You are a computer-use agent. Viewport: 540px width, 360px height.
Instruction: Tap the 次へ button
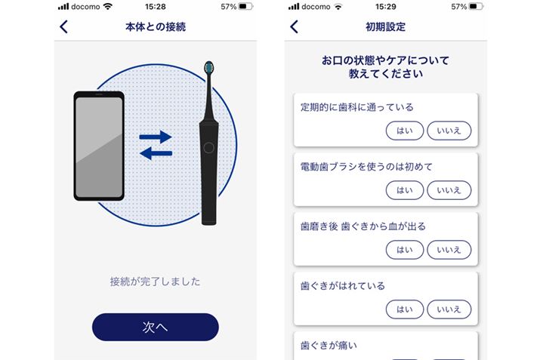click(156, 327)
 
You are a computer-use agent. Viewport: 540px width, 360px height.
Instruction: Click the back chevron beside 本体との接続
click(63, 27)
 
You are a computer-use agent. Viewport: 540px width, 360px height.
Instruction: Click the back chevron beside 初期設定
click(294, 27)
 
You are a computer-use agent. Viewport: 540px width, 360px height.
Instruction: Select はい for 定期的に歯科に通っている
click(405, 131)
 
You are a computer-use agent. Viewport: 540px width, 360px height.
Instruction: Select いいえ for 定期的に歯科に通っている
click(449, 131)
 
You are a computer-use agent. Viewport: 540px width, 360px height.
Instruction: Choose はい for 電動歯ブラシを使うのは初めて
click(405, 190)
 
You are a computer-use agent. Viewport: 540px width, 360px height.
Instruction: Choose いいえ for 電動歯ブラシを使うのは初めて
click(449, 190)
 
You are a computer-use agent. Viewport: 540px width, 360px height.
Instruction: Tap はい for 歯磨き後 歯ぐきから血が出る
click(405, 250)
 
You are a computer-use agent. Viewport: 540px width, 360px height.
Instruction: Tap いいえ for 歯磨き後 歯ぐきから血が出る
click(449, 250)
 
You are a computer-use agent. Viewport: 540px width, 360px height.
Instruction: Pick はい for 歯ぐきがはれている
click(405, 309)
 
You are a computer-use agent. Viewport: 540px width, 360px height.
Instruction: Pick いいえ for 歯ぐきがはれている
click(449, 309)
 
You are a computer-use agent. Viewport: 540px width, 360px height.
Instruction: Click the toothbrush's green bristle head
click(208, 67)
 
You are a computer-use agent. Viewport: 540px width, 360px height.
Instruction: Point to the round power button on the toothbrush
click(208, 148)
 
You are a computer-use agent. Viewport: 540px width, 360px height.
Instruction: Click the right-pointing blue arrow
click(156, 137)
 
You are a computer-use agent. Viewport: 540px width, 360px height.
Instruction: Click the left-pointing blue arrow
click(156, 153)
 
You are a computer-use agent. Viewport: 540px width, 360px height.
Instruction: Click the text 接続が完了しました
click(155, 282)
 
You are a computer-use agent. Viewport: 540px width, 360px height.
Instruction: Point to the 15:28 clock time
click(156, 7)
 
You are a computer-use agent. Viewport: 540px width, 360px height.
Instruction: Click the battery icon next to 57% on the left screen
click(246, 7)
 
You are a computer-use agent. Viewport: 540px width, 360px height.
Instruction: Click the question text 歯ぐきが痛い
click(329, 345)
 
